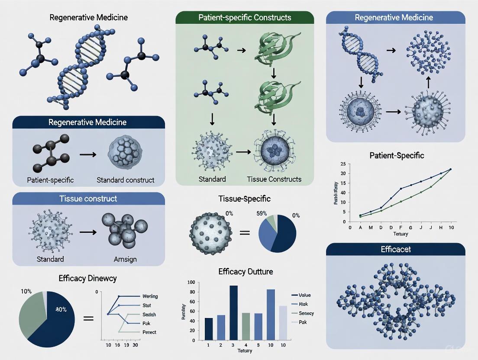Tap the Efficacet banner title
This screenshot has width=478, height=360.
pyautogui.click(x=395, y=249)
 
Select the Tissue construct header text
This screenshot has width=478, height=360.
pyautogui.click(x=88, y=199)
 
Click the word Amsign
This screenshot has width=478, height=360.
pyautogui.click(x=125, y=259)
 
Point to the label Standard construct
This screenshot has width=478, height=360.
pyautogui.click(x=125, y=180)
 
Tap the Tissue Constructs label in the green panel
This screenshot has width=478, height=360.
pyautogui.click(x=274, y=179)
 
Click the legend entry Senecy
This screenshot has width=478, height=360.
pyautogui.click(x=306, y=313)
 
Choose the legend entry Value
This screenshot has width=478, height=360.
pyautogui.click(x=304, y=295)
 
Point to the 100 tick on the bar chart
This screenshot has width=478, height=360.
pyautogui.click(x=191, y=282)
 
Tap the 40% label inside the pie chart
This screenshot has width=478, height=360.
pyautogui.click(x=60, y=309)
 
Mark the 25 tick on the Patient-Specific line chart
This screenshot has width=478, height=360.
pyautogui.click(x=342, y=164)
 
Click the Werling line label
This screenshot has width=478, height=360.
pyautogui.click(x=150, y=296)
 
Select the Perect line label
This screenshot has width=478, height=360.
pyautogui.click(x=149, y=332)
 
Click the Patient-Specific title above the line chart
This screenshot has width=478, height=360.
pyautogui.click(x=397, y=155)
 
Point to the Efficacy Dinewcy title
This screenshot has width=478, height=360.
pyautogui.click(x=87, y=278)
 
